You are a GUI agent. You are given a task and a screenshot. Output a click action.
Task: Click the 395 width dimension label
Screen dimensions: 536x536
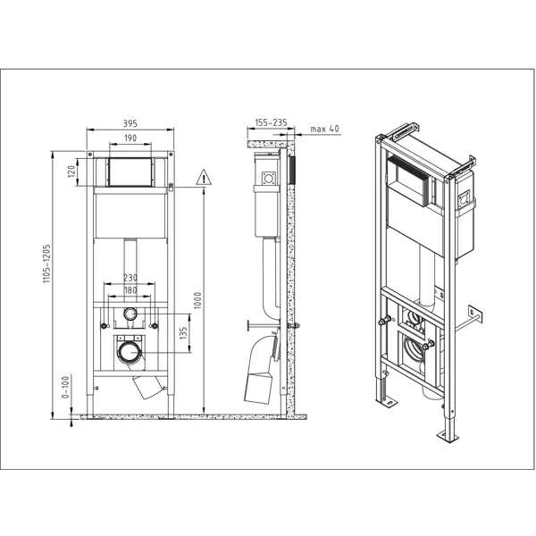[130, 123]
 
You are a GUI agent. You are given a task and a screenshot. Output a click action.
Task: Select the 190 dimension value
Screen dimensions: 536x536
[130, 138]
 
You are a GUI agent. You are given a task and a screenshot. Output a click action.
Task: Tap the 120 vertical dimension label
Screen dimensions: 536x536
[71, 171]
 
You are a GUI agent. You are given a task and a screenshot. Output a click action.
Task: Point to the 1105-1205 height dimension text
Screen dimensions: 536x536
[46, 264]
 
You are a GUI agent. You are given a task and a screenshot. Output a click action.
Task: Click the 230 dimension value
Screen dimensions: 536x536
[130, 278]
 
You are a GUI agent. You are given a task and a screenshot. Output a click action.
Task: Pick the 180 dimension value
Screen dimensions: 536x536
[130, 290]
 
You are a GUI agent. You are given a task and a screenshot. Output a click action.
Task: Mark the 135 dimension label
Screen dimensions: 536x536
[183, 333]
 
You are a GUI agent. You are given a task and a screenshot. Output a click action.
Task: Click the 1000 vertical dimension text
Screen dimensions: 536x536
[198, 300]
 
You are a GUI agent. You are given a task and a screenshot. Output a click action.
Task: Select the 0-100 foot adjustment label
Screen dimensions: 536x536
[65, 387]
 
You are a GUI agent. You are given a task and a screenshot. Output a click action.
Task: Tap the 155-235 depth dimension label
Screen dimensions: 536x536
[271, 122]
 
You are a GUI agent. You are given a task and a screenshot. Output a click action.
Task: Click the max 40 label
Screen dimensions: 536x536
[324, 129]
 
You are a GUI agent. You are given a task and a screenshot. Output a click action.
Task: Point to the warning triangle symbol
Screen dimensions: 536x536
[204, 178]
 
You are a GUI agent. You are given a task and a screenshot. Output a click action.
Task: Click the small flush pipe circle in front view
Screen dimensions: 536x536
[130, 314]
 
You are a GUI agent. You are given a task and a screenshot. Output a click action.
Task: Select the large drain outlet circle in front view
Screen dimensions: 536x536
[130, 353]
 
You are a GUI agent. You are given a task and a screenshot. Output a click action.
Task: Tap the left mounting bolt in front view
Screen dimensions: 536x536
[104, 326]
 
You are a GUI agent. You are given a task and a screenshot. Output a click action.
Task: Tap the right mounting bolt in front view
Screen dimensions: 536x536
[155, 326]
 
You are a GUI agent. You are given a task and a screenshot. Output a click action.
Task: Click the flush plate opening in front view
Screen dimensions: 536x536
[130, 172]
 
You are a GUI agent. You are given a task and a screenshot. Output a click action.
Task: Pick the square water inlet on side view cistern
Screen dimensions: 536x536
[269, 179]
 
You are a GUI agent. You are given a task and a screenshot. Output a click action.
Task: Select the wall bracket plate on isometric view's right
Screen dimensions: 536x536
[475, 314]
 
